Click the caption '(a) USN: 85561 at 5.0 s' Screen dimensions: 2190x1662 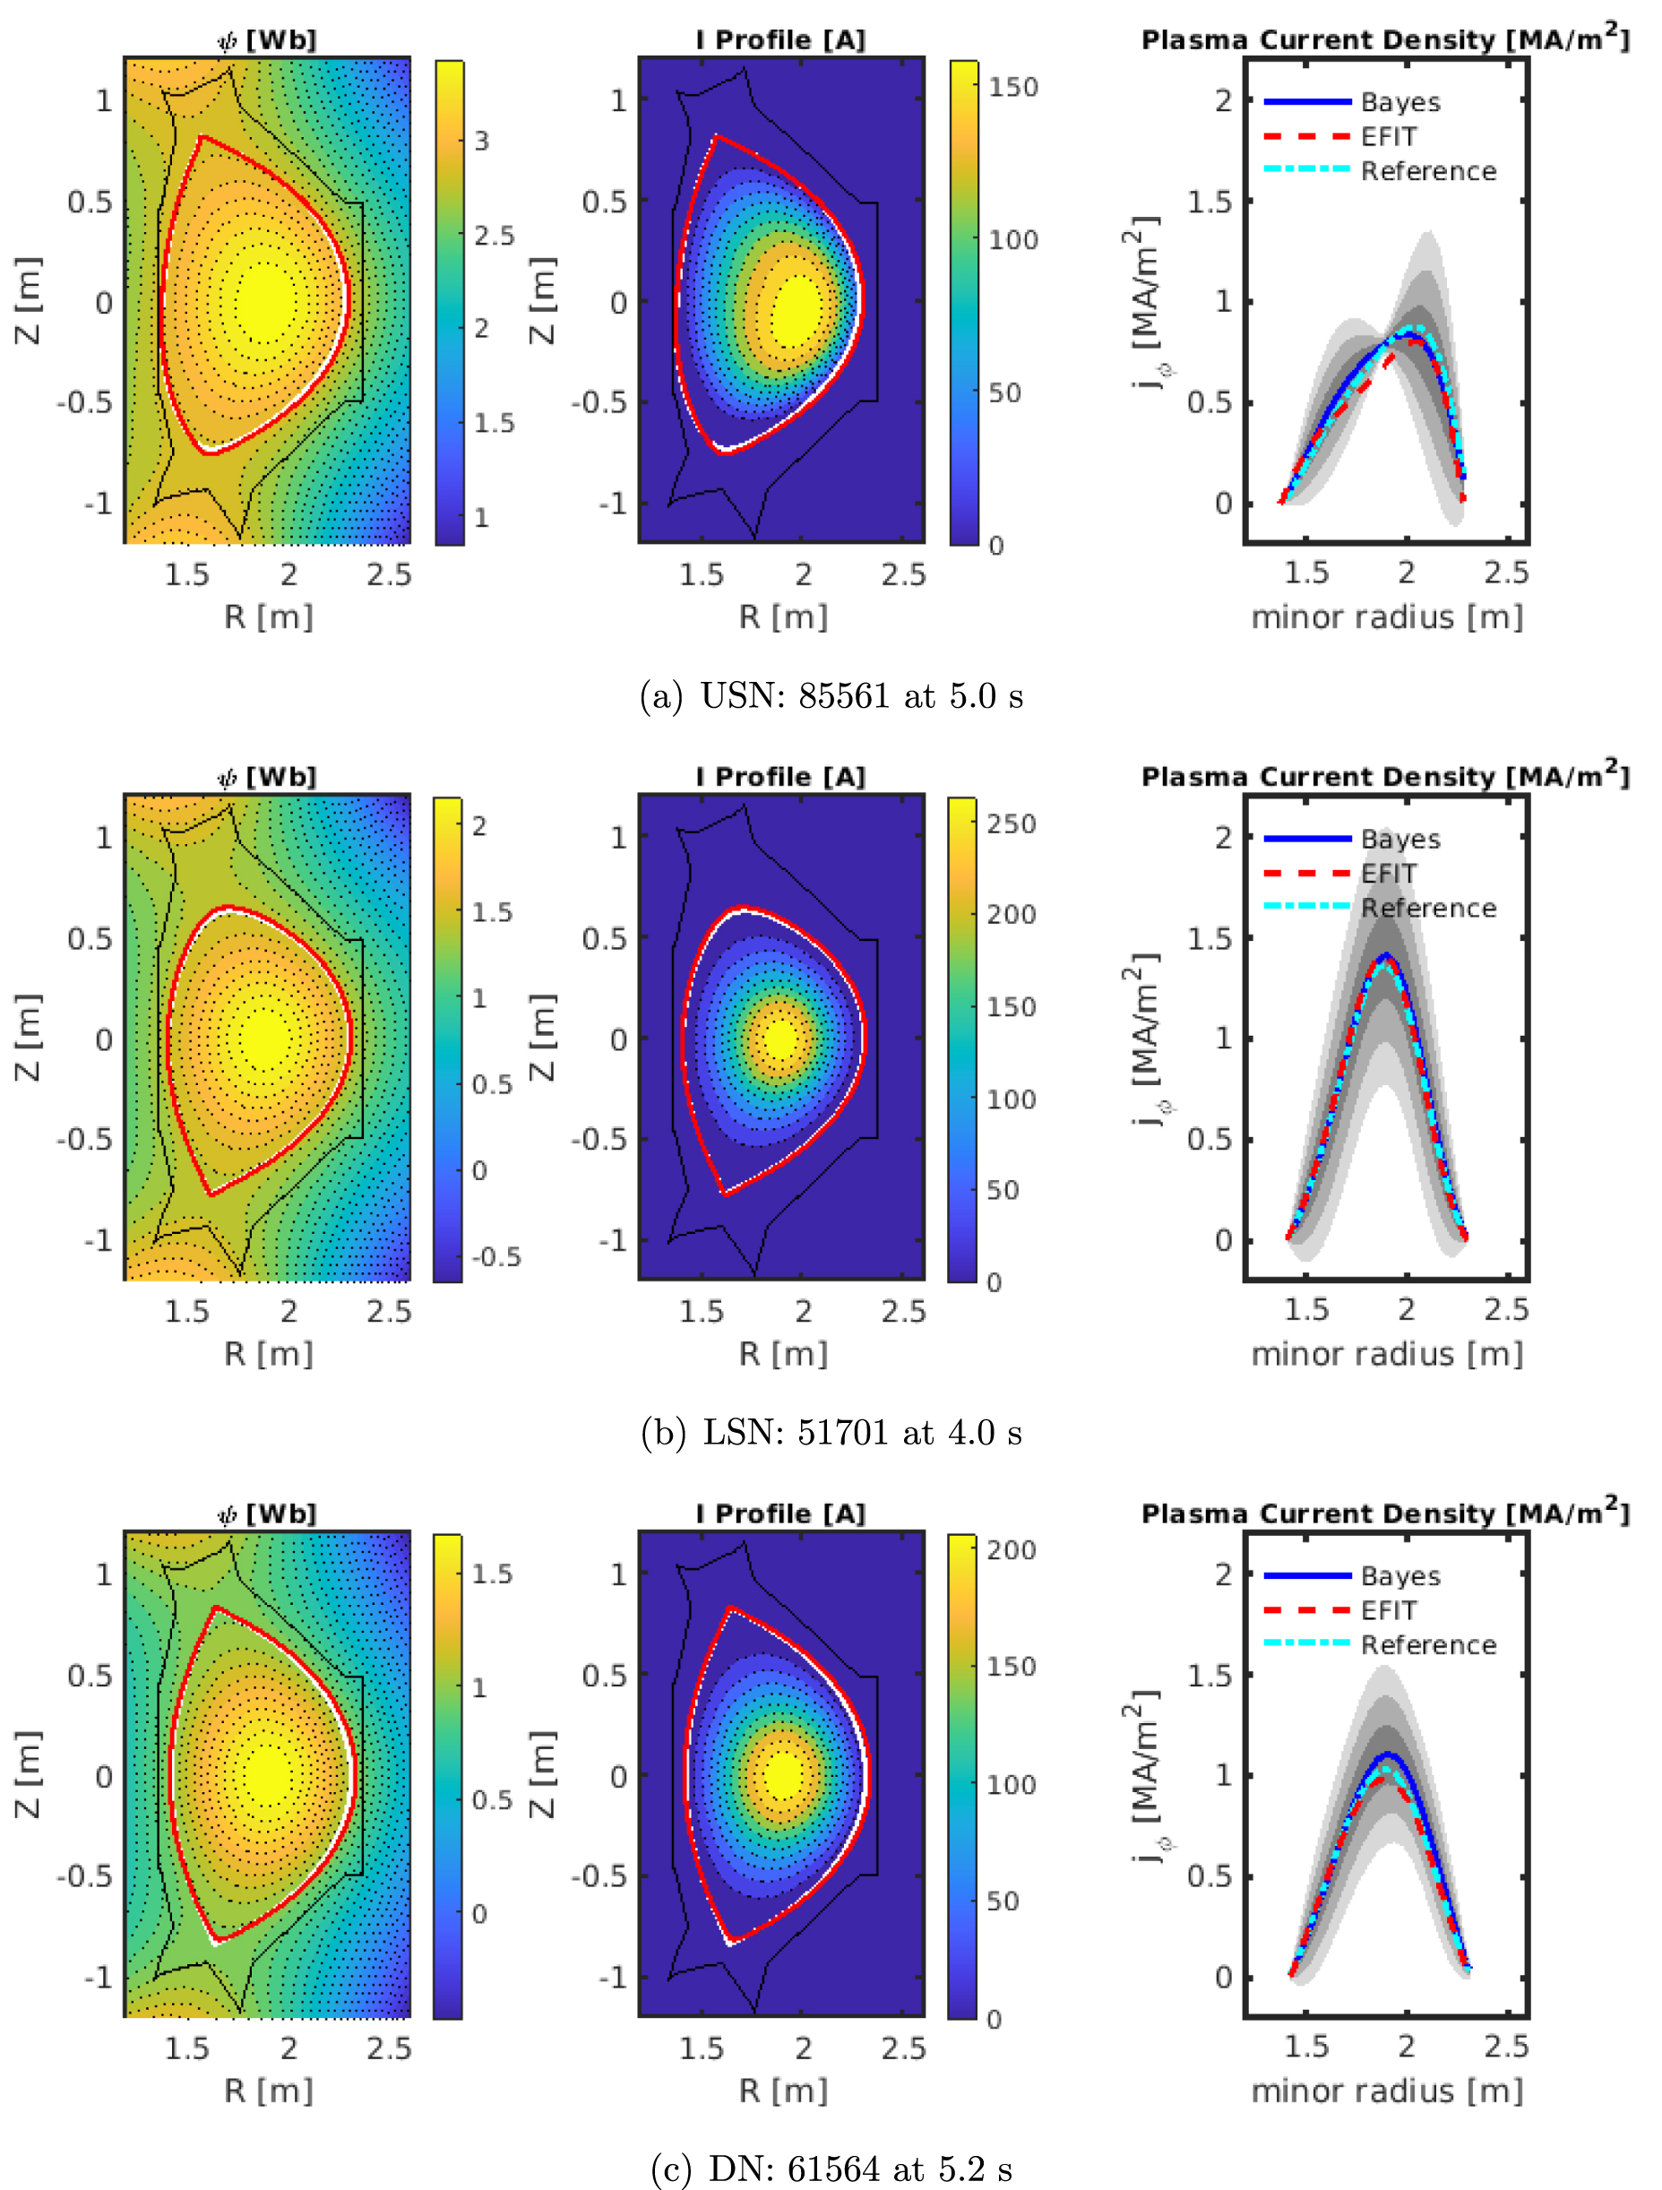(x=831, y=696)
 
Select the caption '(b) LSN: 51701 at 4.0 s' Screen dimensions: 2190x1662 (x=831, y=1433)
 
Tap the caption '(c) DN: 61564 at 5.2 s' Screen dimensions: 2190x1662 (x=831, y=2169)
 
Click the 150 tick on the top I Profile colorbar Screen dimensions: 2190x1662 (x=1012, y=87)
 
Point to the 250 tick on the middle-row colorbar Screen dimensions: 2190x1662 (x=1011, y=823)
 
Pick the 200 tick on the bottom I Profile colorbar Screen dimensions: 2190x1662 (x=1011, y=1549)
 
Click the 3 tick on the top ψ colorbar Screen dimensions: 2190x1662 (x=481, y=141)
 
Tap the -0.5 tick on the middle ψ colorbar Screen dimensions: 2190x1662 (x=495, y=1257)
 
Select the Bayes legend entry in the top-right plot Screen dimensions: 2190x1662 (x=1399, y=102)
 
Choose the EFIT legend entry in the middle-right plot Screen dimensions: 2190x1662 (x=1388, y=874)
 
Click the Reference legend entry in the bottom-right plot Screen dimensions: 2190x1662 (x=1427, y=1644)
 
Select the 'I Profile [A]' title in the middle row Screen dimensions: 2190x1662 (x=780, y=776)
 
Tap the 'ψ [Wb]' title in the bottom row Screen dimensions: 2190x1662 (x=267, y=1513)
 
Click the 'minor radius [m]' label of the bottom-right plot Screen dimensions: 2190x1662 (x=1386, y=2091)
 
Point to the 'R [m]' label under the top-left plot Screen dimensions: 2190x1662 (x=267, y=616)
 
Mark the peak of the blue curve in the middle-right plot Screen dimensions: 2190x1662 (x=1386, y=954)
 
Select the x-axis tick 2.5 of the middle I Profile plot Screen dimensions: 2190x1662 (x=903, y=1311)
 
